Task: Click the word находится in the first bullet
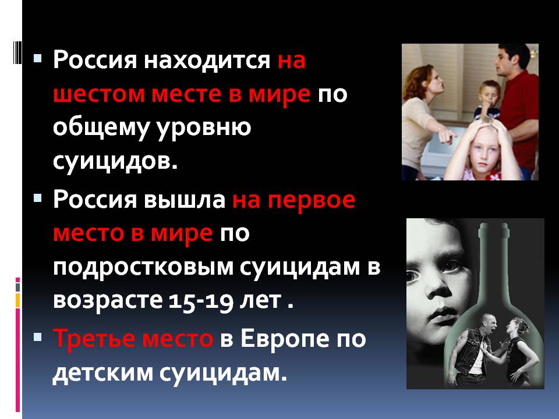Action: [207, 59]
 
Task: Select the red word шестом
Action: [99, 94]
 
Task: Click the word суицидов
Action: [115, 161]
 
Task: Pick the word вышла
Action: [185, 199]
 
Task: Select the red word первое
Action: [311, 200]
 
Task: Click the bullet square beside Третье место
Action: [38, 337]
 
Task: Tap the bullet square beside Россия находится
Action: [38, 58]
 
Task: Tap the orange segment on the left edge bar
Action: [17, 300]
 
